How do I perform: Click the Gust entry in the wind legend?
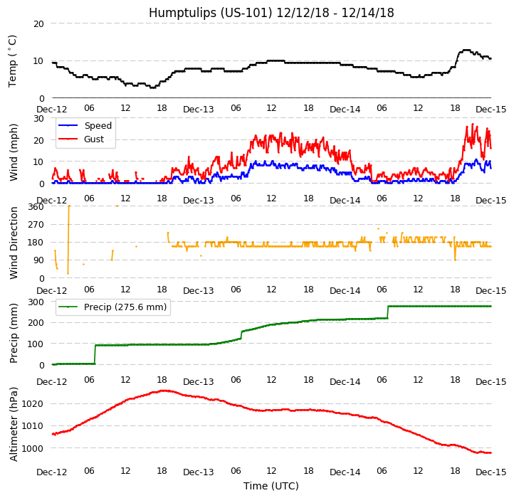[93, 139]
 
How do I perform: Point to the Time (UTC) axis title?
[271, 486]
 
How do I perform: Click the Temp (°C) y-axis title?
[13, 60]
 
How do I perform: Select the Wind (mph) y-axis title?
[14, 152]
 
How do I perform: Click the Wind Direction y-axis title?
[14, 242]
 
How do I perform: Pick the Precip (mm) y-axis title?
[14, 333]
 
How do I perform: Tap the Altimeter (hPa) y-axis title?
[14, 423]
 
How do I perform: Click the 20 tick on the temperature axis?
[38, 23]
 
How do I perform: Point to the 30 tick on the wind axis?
[38, 118]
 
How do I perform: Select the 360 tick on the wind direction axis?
[36, 206]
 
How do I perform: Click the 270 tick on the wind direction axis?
[36, 225]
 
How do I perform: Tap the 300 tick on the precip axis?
[36, 302]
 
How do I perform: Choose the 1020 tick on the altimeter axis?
[33, 403]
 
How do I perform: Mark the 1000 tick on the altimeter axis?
[33, 448]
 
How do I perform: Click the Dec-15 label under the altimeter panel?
[491, 472]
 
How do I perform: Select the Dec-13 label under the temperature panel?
[199, 110]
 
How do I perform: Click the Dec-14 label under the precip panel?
[345, 382]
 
